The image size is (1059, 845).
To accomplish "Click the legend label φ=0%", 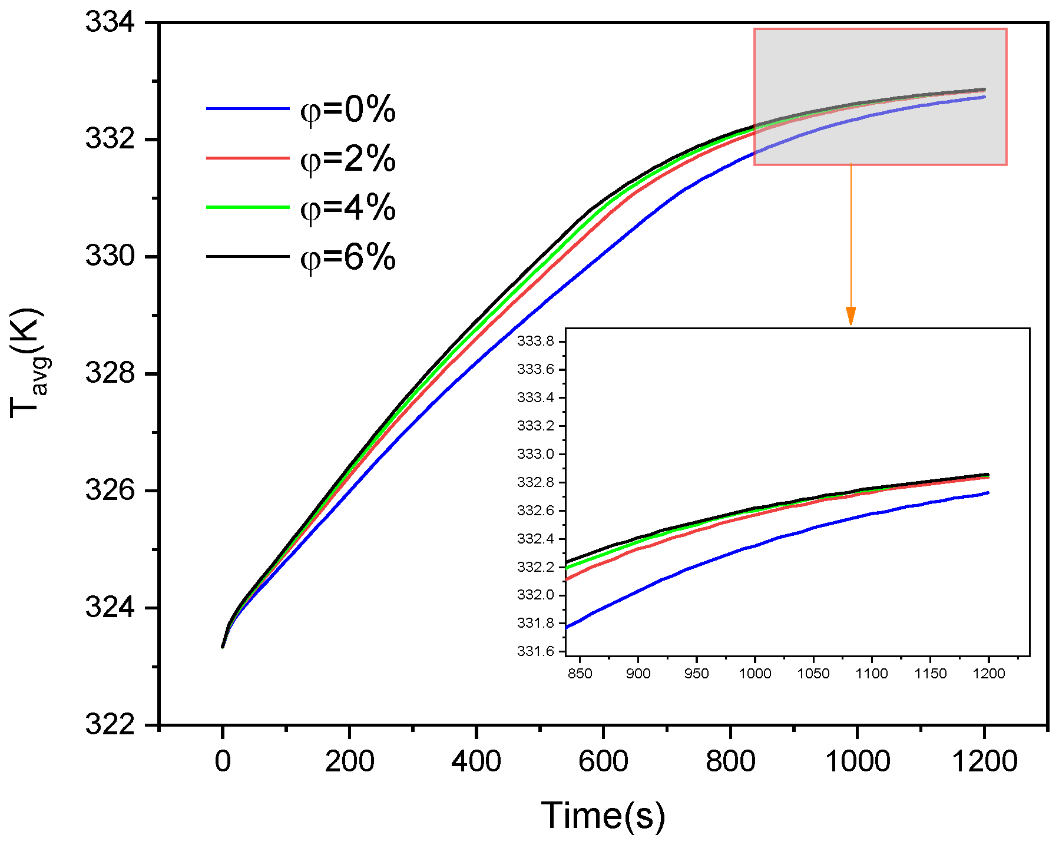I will tap(348, 110).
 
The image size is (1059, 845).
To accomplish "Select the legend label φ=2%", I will tap(348, 159).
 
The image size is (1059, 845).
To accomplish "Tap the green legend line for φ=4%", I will tap(247, 207).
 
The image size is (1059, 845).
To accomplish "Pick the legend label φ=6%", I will tap(348, 257).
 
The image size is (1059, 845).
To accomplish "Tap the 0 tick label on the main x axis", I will tap(223, 761).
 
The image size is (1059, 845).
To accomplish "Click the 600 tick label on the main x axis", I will tap(603, 761).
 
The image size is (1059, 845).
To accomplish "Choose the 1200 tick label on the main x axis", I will tap(984, 761).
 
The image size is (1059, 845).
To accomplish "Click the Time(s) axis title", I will tap(603, 816).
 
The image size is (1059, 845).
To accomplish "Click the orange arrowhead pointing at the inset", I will tap(850, 316).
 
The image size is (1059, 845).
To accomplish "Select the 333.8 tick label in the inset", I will tap(535, 342).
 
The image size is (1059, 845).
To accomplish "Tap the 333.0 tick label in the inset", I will tap(535, 454).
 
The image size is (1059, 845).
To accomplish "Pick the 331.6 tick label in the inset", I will tap(535, 651).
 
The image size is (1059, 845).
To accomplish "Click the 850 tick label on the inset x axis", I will tap(580, 674).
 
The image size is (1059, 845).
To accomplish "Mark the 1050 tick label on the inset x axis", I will tap(813, 674).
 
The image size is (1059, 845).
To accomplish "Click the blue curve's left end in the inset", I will tap(567, 627).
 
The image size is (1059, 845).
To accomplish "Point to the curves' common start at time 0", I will tap(223, 647).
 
